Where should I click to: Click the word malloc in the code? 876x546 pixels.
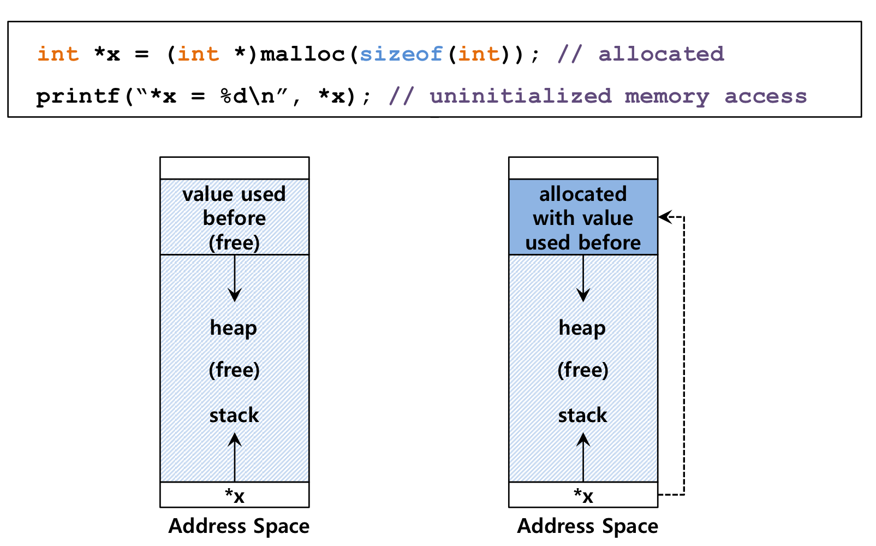(303, 54)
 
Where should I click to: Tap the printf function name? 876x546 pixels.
(78, 97)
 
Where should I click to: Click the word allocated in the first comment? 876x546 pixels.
(662, 54)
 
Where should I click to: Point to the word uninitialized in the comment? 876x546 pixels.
(521, 96)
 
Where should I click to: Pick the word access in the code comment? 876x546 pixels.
(766, 97)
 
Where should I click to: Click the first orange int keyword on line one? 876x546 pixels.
(58, 54)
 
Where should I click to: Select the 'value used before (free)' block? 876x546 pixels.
(235, 217)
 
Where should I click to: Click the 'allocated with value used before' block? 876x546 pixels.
(583, 217)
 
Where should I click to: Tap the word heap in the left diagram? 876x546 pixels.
(234, 328)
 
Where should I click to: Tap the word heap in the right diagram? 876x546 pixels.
(582, 328)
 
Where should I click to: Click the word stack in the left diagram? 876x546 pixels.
(234, 415)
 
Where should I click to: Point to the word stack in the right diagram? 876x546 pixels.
(583, 415)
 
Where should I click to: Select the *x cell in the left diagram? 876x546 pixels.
(235, 495)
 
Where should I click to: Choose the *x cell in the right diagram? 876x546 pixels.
(583, 495)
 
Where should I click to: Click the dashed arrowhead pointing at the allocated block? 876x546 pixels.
(665, 217)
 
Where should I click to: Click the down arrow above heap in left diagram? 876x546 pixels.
(235, 278)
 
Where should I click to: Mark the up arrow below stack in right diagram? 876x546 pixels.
(583, 457)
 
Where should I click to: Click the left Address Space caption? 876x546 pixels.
(239, 526)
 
